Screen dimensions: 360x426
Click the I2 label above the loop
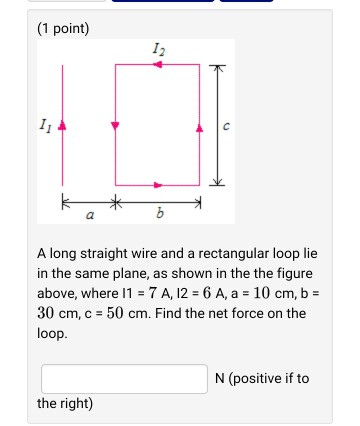(x=158, y=49)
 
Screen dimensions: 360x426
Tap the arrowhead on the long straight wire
(x=64, y=126)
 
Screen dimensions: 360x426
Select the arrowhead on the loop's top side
(x=157, y=65)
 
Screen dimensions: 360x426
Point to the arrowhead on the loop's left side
(x=116, y=126)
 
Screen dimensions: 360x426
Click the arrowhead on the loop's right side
(x=199, y=126)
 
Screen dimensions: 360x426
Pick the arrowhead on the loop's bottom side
(x=158, y=185)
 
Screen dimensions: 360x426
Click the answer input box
(x=124, y=378)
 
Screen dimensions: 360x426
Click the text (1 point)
(x=63, y=28)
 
